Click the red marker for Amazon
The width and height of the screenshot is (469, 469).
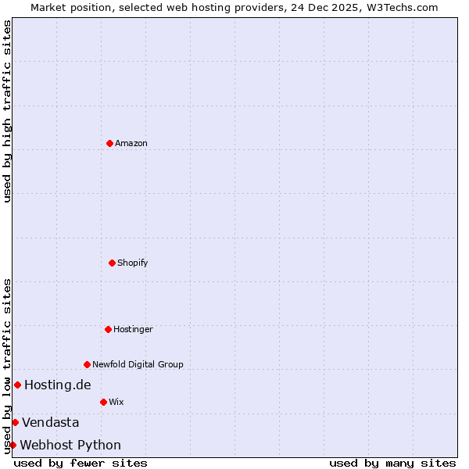(109, 143)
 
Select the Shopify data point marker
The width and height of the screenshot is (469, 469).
(113, 263)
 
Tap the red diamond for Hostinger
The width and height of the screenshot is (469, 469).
(108, 329)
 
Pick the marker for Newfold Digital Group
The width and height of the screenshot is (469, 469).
(87, 364)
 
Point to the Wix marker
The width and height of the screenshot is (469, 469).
(103, 402)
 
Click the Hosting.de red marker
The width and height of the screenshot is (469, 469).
(17, 385)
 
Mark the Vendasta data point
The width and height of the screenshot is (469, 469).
(15, 422)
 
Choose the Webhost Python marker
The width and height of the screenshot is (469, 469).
(13, 445)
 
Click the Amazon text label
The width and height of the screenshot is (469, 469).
(131, 143)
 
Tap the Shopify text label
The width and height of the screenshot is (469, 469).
(133, 263)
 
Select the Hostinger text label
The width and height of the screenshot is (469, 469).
(133, 329)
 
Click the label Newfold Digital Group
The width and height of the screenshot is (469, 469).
(138, 364)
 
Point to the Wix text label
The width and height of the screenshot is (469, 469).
(116, 402)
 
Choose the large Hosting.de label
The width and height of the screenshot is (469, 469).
(58, 385)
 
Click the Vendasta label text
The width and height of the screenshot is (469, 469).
(51, 422)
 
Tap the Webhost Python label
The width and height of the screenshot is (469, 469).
(70, 445)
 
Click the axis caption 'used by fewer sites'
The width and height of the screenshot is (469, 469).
(81, 463)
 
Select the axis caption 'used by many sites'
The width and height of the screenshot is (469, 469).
(392, 463)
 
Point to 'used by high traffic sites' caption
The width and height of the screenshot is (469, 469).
(7, 111)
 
